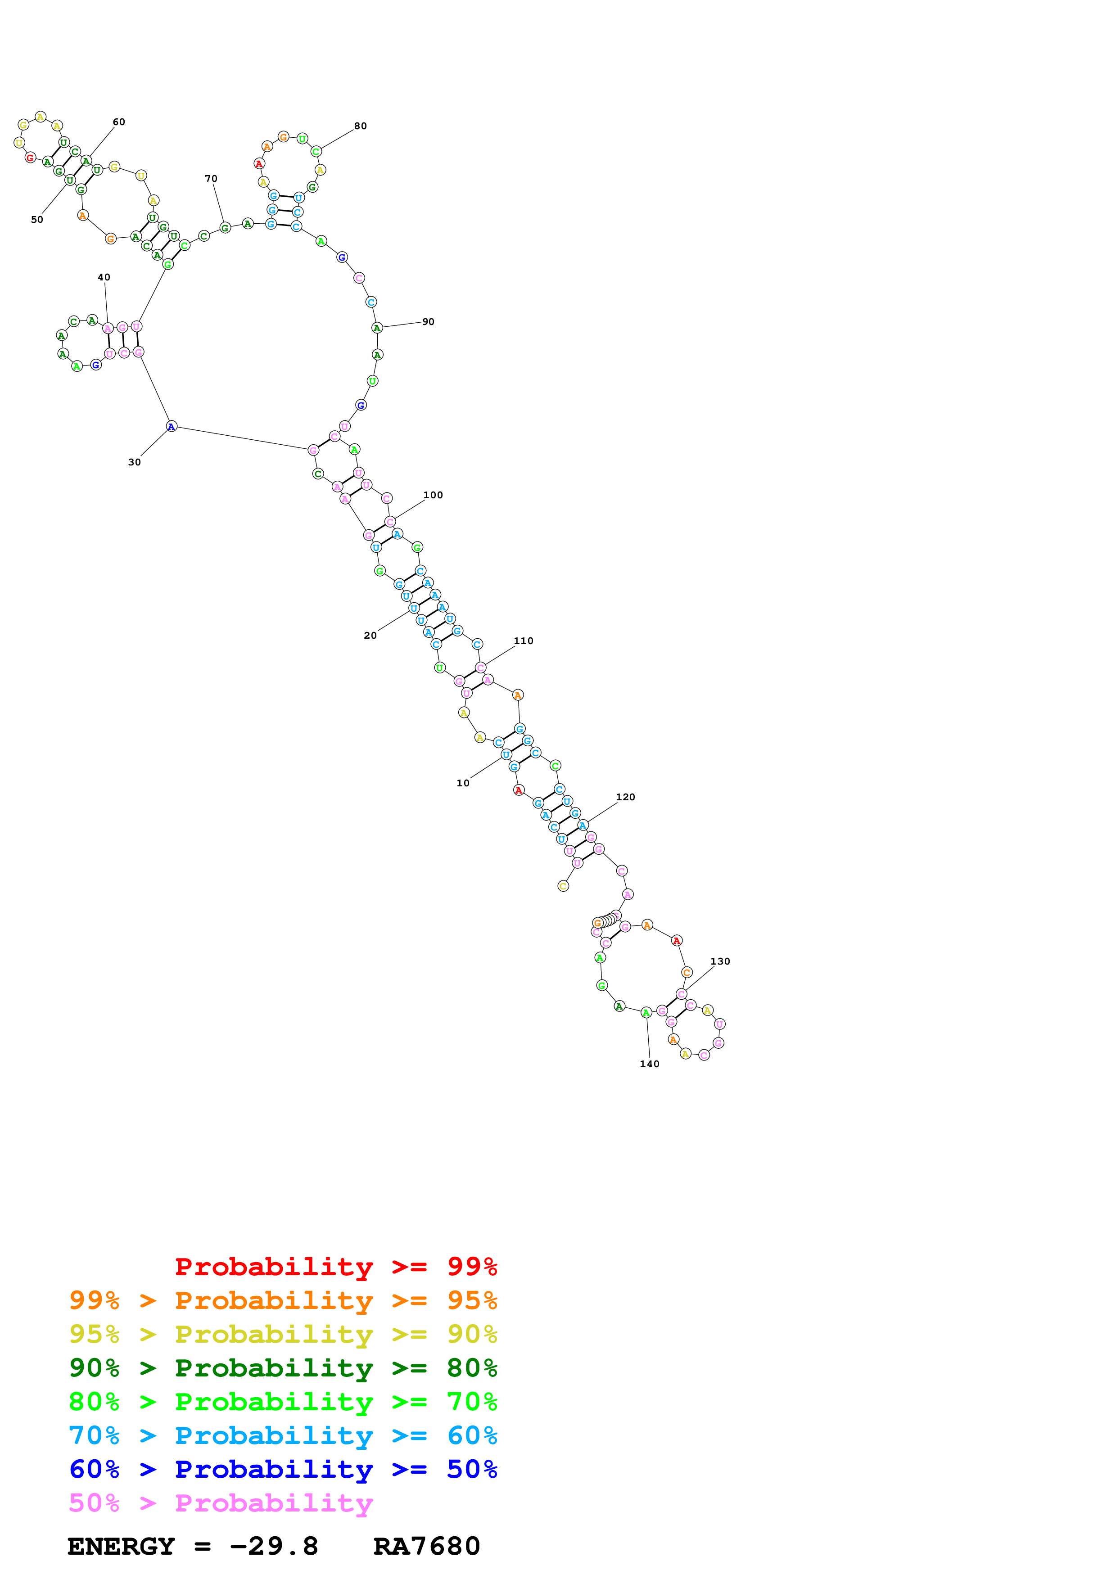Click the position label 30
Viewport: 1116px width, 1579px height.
point(134,462)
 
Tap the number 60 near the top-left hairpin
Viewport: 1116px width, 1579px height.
point(119,122)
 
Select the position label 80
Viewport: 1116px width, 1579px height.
point(360,126)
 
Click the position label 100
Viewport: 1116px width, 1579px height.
point(433,495)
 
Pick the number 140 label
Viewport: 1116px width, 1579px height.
point(649,1064)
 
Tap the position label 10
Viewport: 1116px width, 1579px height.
point(463,783)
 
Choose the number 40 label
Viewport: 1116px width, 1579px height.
point(104,277)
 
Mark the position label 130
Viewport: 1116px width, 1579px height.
point(720,961)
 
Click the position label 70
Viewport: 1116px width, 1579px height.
point(211,178)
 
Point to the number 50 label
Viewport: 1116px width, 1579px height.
point(37,219)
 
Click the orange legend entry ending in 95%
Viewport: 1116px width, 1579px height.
point(283,1300)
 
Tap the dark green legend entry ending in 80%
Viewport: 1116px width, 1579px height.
point(283,1368)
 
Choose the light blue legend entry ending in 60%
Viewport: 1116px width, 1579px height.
point(283,1435)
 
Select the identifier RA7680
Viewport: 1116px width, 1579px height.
point(426,1547)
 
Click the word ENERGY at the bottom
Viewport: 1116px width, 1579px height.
point(121,1547)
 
